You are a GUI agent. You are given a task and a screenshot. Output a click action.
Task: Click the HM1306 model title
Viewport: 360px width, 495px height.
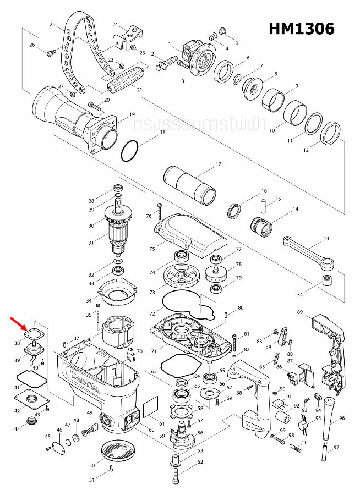[x=301, y=29]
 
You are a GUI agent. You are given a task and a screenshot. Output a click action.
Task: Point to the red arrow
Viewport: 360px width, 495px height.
[x=19, y=324]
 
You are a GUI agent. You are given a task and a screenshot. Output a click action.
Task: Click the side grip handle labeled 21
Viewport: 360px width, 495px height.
[x=124, y=82]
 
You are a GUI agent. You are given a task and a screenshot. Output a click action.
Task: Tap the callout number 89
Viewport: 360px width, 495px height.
[x=300, y=312]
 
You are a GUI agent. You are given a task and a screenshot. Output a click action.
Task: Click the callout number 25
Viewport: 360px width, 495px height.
[x=52, y=25]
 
